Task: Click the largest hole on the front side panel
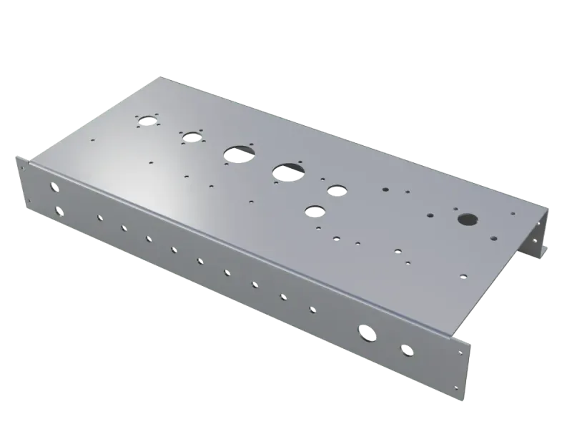[x=365, y=332]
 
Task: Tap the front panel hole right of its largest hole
[x=407, y=350]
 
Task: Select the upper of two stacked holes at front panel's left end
[x=54, y=187]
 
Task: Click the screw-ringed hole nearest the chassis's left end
[x=147, y=120]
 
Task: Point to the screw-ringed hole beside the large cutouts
[x=190, y=137]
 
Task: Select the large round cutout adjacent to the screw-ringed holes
[x=235, y=153]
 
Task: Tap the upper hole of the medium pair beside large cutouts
[x=335, y=190]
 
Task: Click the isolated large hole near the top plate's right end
[x=466, y=219]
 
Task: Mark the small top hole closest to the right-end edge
[x=512, y=213]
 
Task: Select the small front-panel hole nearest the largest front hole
[x=312, y=310]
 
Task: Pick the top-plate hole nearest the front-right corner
[x=463, y=273]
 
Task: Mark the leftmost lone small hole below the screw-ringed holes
[x=150, y=163]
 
